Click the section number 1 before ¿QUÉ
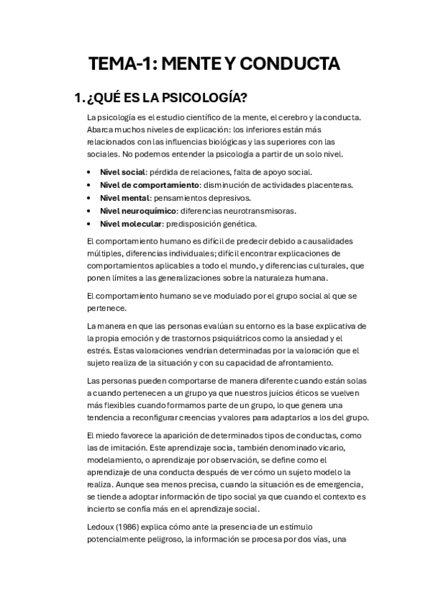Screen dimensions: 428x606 (x=79, y=98)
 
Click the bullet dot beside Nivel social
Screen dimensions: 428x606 (x=88, y=172)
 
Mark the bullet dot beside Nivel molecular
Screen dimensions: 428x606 (x=88, y=224)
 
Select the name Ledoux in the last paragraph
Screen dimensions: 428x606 (x=101, y=527)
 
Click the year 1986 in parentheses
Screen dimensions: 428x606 (x=131, y=527)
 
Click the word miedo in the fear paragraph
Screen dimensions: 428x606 (x=107, y=436)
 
